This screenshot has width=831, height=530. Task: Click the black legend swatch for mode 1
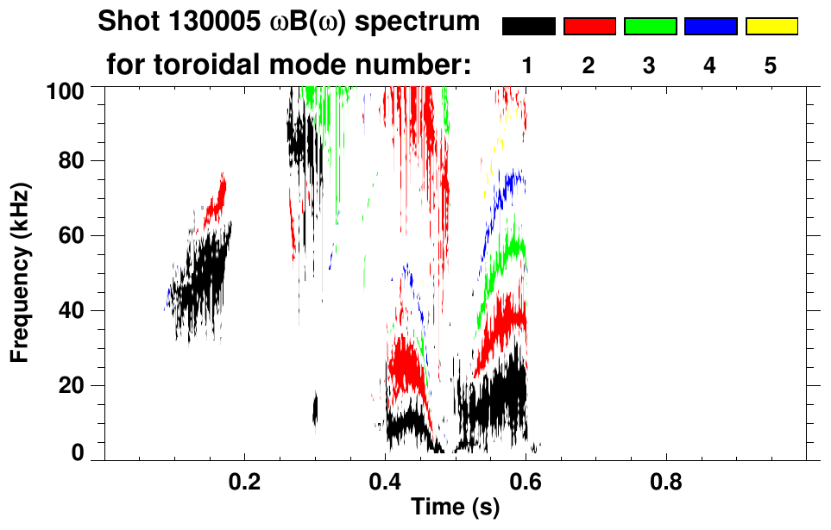(529, 27)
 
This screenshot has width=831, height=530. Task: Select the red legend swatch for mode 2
(589, 27)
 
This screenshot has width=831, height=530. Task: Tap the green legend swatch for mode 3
(650, 27)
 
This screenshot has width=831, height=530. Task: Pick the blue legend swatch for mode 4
(710, 27)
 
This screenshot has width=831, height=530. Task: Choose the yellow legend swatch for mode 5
(771, 27)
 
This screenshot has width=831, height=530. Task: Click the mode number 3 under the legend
(649, 65)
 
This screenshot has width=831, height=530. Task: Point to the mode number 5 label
(770, 65)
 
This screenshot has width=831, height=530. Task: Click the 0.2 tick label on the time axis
(245, 481)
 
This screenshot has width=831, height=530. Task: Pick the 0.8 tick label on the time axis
(665, 481)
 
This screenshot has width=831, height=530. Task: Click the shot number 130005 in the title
(211, 22)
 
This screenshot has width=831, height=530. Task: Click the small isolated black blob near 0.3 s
(315, 408)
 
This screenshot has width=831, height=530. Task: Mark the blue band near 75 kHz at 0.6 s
(514, 181)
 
